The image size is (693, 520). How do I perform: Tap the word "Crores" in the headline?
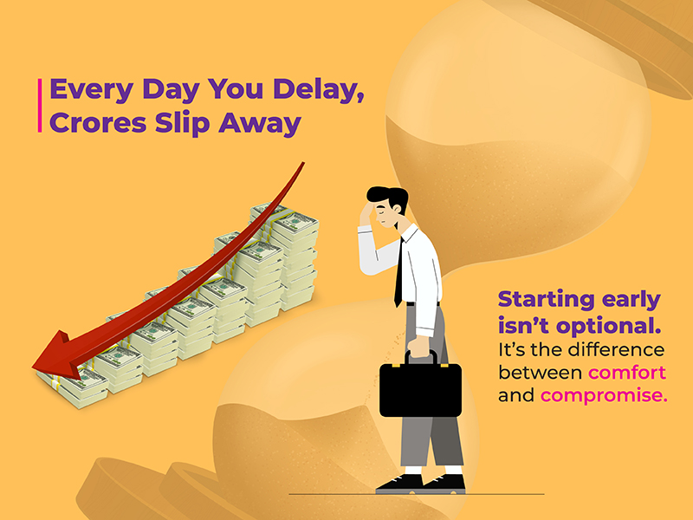tap(95, 123)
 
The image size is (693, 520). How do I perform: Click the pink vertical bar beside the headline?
tap(41, 105)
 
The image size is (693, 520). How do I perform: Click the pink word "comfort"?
tap(626, 374)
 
